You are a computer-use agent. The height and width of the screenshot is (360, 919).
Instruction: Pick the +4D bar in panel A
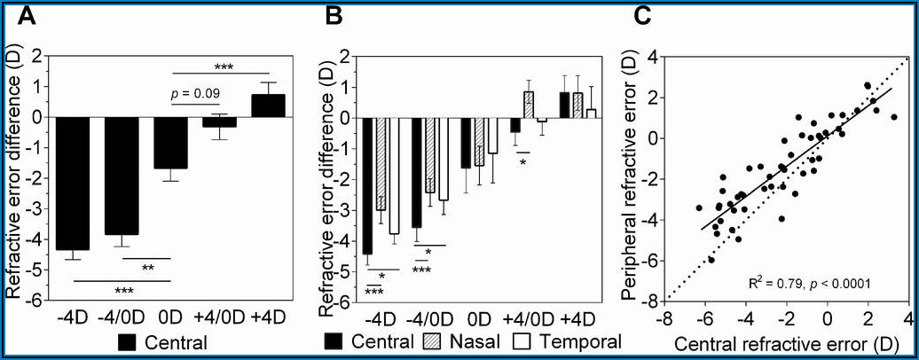(268, 106)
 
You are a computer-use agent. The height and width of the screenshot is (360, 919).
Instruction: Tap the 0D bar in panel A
(170, 143)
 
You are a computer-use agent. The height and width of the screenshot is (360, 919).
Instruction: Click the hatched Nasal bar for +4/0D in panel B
(529, 105)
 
